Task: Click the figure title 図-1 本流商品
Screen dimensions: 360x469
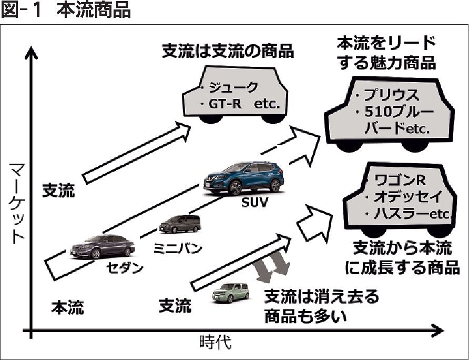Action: [x=66, y=11]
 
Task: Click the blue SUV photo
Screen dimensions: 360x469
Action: [x=244, y=178]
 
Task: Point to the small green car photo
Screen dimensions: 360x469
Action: [x=231, y=292]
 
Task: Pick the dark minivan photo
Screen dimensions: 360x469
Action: [x=180, y=224]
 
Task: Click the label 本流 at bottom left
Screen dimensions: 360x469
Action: [x=67, y=307]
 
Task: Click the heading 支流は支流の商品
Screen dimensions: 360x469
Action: [x=227, y=53]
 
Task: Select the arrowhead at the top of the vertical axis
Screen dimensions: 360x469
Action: [x=32, y=52]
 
